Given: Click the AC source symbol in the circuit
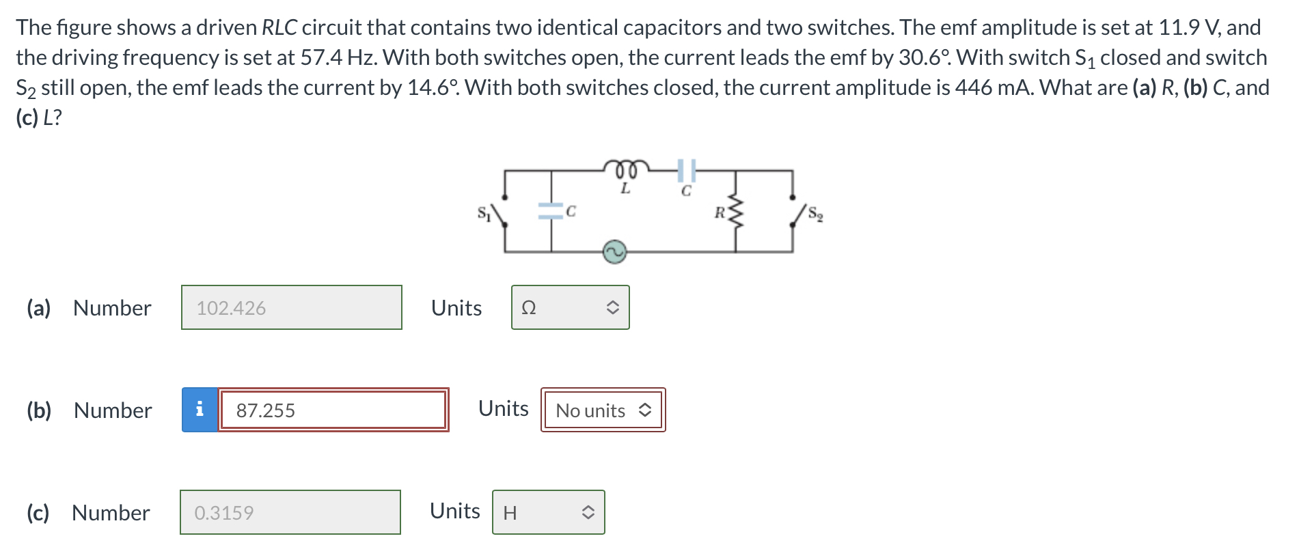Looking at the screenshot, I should pos(614,251).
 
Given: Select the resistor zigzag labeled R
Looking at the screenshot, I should pos(735,212).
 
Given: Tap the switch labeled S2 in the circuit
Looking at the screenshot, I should pos(797,214).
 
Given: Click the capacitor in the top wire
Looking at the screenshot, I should pos(687,170).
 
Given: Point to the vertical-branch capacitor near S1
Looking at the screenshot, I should pos(551,211).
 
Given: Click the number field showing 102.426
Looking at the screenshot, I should pos(292,308).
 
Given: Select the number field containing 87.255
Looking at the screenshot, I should pos(333,410).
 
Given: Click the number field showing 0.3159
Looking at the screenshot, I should pos(290,513).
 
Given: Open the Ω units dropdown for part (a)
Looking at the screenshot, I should pos(570,308).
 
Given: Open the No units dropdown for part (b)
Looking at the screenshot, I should pos(603,410).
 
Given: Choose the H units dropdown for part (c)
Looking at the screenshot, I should pos(548,513).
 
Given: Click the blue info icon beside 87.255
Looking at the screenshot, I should pos(200,410).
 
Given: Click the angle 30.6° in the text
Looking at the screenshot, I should pos(924,58).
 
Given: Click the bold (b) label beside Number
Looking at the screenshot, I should pos(39,410).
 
